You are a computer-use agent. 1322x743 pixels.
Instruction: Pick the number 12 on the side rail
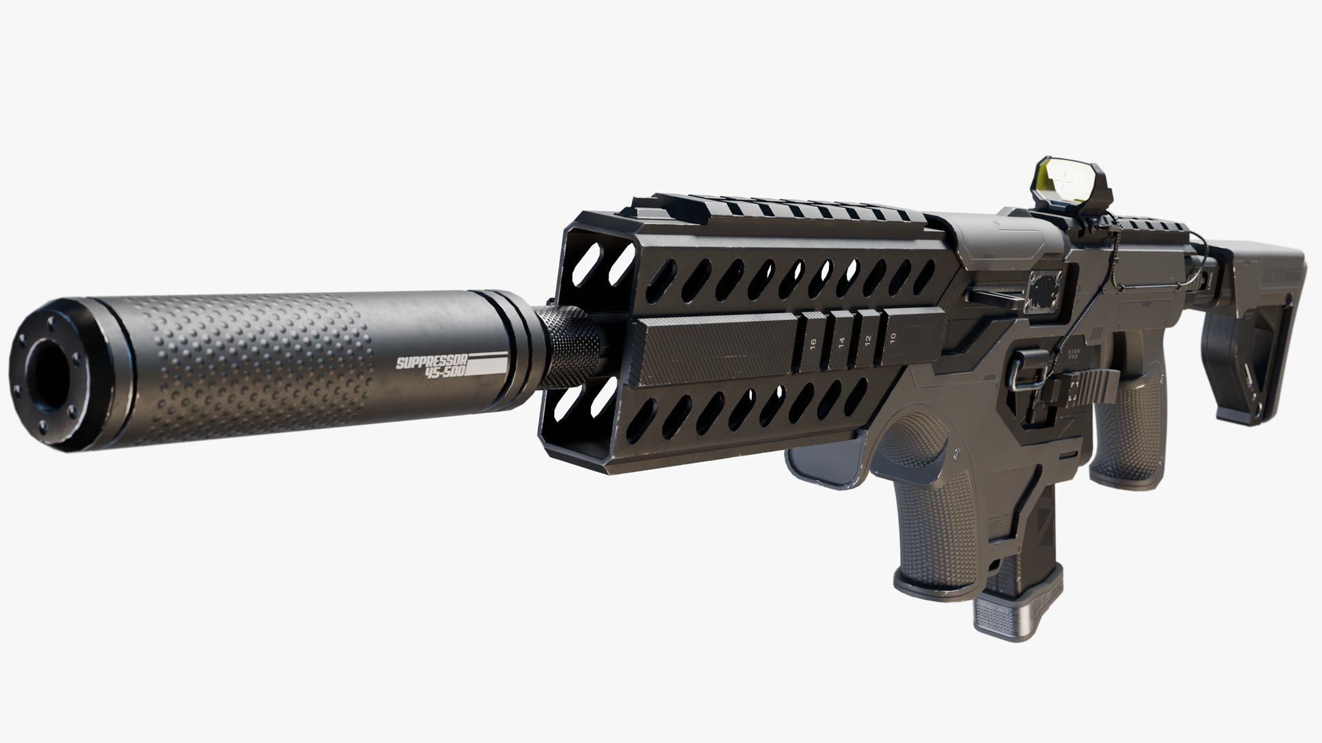point(867,339)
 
